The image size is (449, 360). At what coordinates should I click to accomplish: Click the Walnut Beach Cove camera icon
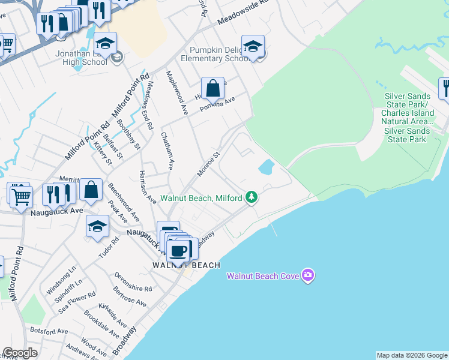click(x=308, y=275)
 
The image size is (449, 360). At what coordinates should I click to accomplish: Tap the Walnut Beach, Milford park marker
click(x=252, y=197)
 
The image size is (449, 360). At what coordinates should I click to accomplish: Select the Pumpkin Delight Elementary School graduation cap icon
click(x=253, y=47)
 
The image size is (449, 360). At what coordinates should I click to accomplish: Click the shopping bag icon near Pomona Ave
click(x=212, y=89)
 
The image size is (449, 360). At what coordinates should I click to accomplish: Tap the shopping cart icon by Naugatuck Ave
click(x=20, y=195)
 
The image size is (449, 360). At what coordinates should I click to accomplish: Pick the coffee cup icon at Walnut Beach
click(x=179, y=251)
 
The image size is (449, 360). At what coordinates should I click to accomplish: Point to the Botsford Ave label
click(x=50, y=331)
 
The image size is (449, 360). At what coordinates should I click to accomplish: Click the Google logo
click(x=20, y=353)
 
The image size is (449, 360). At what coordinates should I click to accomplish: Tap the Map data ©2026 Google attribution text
click(x=412, y=355)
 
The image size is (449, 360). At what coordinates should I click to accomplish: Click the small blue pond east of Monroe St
click(x=266, y=166)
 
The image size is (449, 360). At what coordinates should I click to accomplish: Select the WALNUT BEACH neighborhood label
click(x=185, y=265)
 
